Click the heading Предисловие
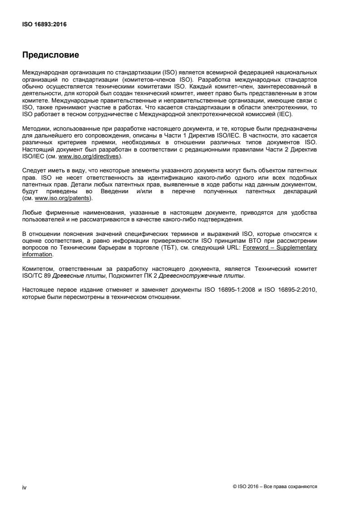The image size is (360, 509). [50, 55]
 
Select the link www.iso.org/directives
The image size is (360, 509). [89, 157]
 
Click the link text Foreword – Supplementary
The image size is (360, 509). [280, 248]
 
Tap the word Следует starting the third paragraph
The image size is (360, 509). [33, 170]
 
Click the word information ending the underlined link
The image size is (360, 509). [37, 254]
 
